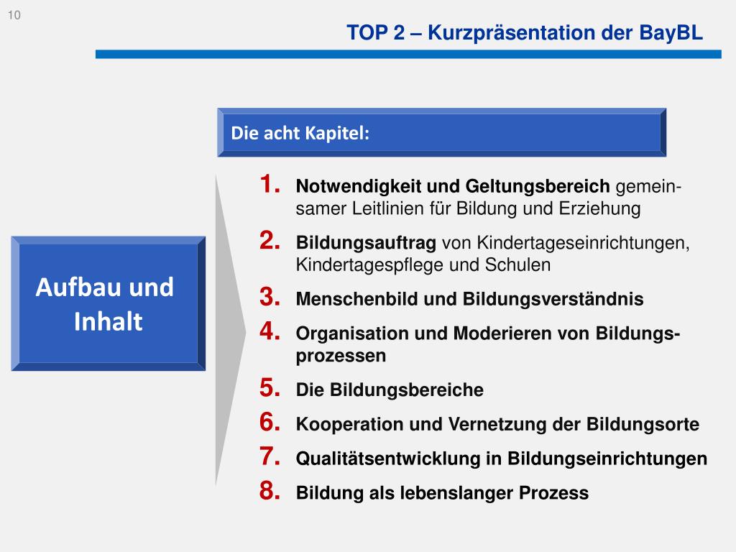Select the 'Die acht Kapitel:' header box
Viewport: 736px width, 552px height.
point(441,133)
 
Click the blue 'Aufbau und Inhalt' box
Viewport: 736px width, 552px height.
point(108,303)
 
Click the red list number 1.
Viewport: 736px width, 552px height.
point(269,185)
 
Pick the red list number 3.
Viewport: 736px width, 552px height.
point(269,297)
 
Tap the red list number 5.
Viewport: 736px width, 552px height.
point(269,388)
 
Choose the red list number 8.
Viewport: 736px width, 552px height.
point(269,492)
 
